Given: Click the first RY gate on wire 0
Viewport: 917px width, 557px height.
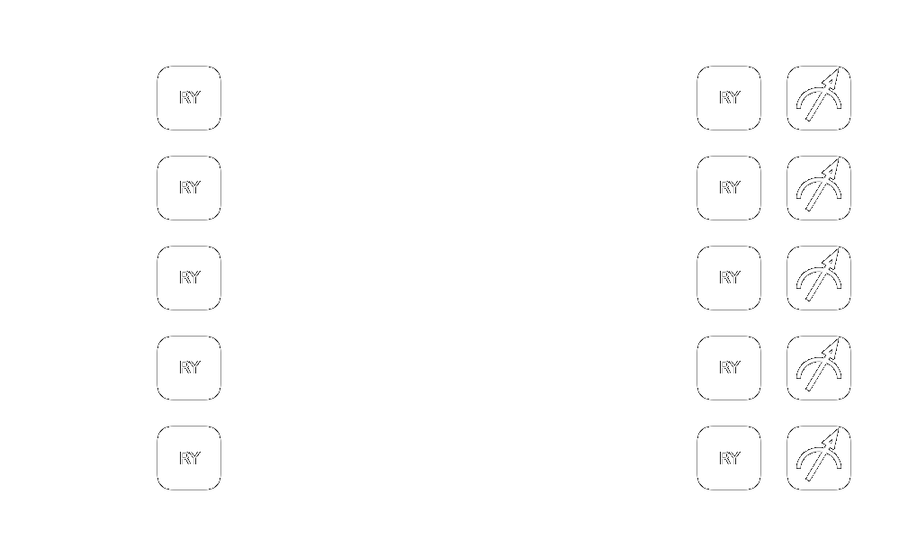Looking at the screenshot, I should tap(189, 98).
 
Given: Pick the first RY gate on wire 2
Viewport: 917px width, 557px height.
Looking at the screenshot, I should tap(189, 278).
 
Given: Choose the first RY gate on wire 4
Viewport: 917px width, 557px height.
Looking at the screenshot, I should tap(189, 458).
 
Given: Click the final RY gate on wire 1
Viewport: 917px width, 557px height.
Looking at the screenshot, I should tap(729, 188).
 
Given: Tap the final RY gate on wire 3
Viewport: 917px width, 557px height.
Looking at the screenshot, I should tap(729, 368).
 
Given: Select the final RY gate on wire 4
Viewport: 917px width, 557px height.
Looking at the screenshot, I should tap(729, 458).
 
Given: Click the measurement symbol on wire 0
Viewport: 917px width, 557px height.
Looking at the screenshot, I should tap(819, 98).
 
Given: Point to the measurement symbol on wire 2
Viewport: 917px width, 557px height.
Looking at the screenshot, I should tap(819, 278).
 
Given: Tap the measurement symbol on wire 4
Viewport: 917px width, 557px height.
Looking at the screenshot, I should tap(819, 458).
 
